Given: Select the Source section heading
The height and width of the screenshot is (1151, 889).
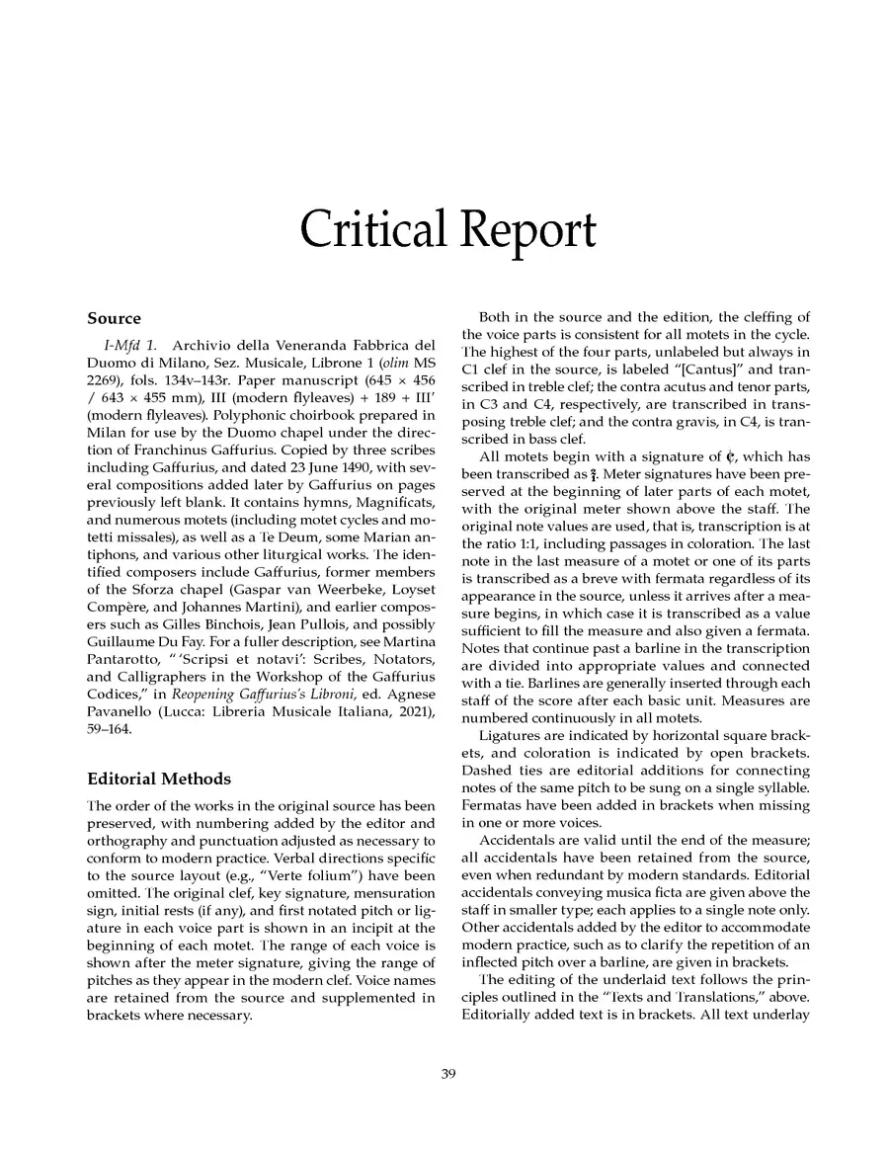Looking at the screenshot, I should click(x=114, y=319).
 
